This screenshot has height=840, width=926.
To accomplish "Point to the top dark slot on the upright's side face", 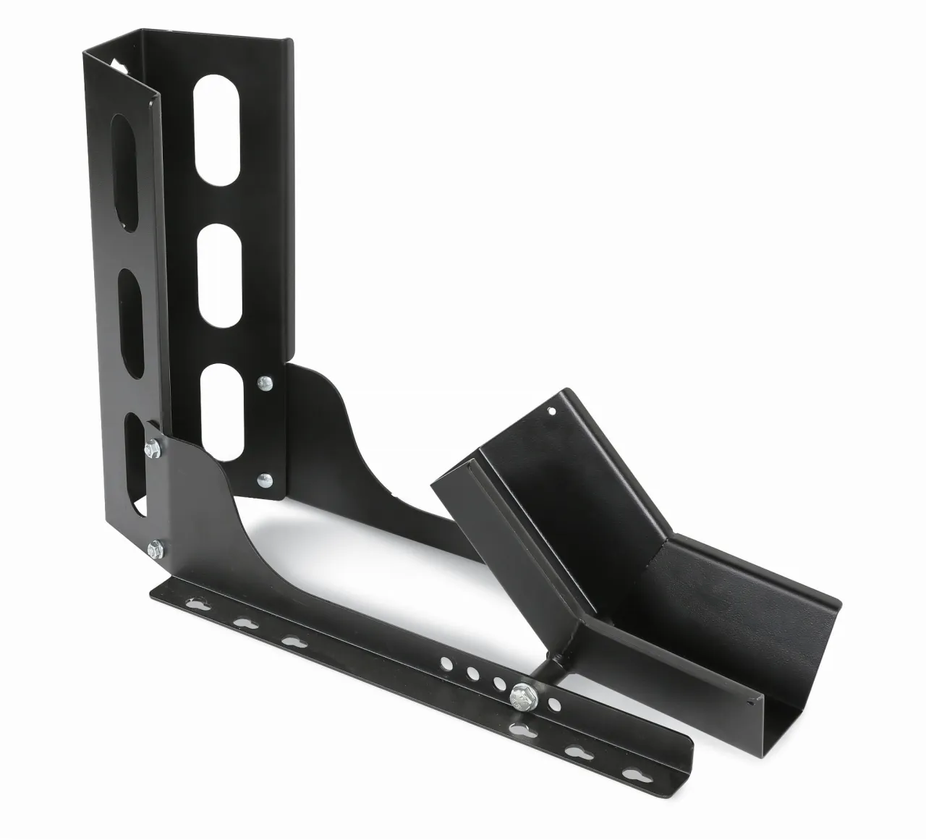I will click(x=127, y=156).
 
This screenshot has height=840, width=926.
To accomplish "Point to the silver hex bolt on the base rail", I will click(x=521, y=696).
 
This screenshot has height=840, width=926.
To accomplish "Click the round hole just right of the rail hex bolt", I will click(x=554, y=703).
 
